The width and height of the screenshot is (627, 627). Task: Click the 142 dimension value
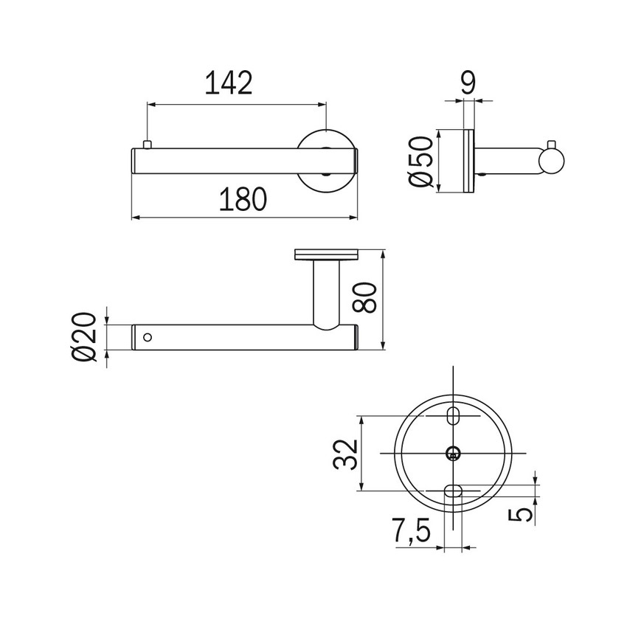pyautogui.click(x=228, y=83)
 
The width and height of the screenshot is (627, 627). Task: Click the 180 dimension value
pyautogui.click(x=243, y=200)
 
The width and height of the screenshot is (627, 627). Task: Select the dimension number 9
pyautogui.click(x=468, y=82)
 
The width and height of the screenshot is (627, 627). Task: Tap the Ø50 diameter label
pyautogui.click(x=420, y=162)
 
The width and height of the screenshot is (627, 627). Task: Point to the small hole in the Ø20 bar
pyautogui.click(x=148, y=338)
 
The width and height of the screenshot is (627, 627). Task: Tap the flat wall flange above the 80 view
pyautogui.click(x=325, y=255)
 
